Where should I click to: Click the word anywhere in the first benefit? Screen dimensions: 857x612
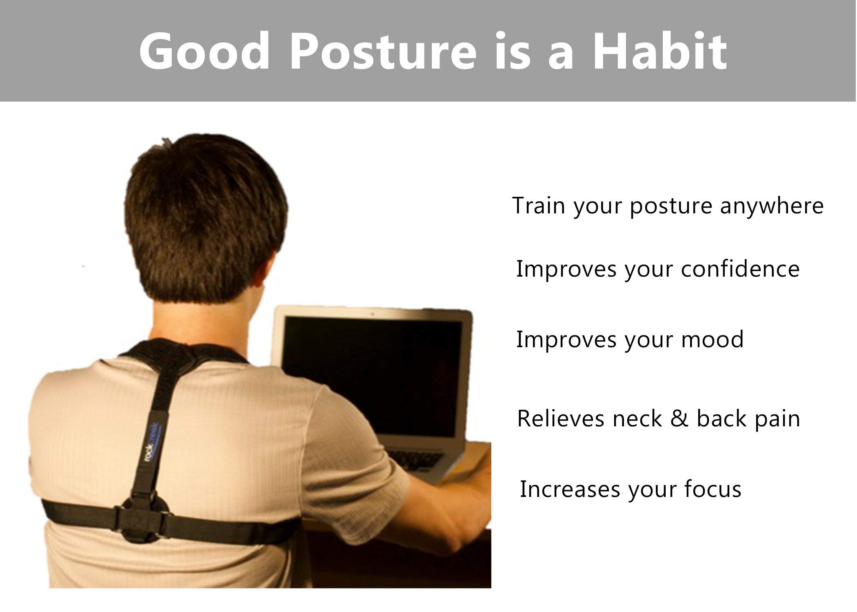click(x=772, y=206)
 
